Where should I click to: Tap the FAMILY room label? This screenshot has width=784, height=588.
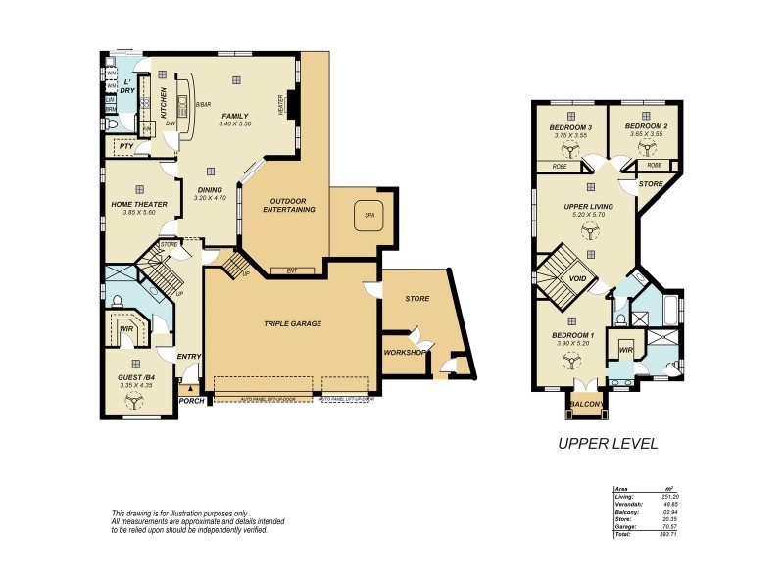235,116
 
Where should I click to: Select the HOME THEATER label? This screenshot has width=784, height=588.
139,204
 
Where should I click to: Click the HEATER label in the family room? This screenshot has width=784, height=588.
280,105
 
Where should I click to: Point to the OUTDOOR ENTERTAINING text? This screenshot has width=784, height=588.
286,204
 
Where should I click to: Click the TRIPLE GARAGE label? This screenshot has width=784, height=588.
293,322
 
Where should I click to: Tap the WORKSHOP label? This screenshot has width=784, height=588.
405,352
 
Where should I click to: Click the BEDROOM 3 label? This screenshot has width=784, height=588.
570,127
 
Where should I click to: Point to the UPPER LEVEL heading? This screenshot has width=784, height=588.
607,443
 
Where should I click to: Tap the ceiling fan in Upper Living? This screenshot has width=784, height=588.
590,231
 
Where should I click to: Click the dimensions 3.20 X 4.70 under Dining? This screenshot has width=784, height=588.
209,198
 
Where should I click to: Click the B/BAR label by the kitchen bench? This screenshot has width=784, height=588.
204,104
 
